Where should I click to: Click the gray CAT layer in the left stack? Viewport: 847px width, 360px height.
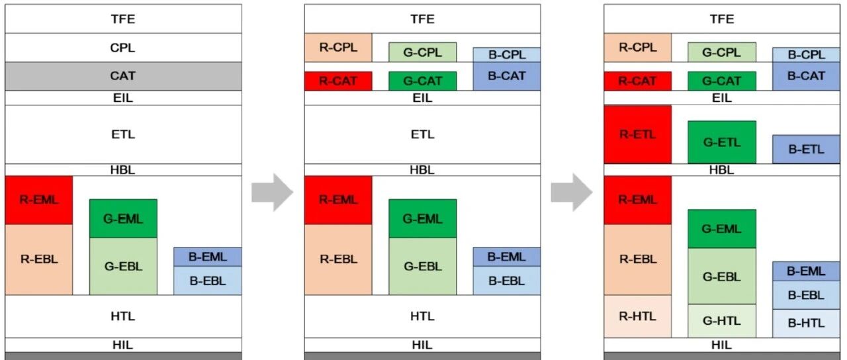(x=123, y=76)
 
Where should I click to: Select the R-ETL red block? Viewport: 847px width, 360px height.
(x=638, y=134)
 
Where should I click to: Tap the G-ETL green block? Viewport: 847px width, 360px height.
(x=722, y=142)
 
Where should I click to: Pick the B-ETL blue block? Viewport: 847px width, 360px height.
(x=806, y=149)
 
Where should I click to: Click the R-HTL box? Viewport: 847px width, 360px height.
(x=638, y=316)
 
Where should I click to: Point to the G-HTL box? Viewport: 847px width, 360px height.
(x=722, y=321)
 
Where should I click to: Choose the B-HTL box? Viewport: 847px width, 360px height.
(x=806, y=324)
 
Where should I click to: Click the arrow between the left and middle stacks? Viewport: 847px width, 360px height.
(x=272, y=192)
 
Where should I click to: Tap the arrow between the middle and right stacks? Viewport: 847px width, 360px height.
(x=571, y=192)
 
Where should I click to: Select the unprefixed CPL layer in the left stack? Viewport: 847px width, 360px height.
(x=123, y=48)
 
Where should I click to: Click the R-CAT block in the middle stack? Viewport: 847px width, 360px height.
(x=338, y=81)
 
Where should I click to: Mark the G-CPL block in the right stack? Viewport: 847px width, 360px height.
(x=722, y=52)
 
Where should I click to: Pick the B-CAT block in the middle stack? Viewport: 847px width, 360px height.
(x=507, y=76)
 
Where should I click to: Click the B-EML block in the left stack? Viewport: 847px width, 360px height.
(x=208, y=257)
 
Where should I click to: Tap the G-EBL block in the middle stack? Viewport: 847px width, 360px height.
(x=423, y=266)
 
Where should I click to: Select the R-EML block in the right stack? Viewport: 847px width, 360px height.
(x=638, y=200)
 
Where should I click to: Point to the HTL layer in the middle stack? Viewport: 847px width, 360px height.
(x=422, y=316)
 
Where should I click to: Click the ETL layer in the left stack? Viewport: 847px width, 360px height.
(x=123, y=134)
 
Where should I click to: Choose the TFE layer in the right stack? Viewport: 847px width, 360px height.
(x=722, y=19)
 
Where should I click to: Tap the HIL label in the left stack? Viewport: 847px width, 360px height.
(x=123, y=345)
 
